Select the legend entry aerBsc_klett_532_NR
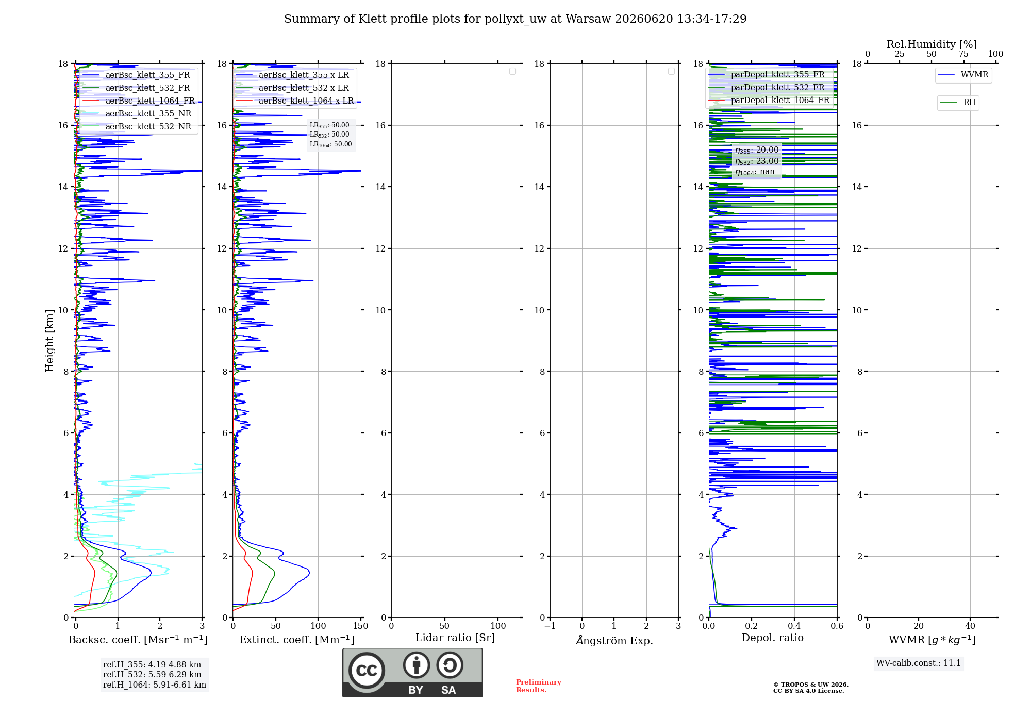coord(137,126)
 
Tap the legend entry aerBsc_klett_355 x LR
coord(292,75)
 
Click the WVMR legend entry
coord(963,75)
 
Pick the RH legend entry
coord(958,103)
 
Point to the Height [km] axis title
coord(49,341)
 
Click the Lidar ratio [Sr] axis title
coord(455,638)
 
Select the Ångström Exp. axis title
coord(614,640)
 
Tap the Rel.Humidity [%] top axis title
coord(932,44)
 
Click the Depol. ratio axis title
coord(773,638)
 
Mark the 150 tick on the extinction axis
coord(361,626)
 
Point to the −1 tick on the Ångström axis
coord(550,626)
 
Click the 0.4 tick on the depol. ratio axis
coord(794,626)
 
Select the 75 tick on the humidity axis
coord(963,54)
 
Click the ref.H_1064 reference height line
coord(155,685)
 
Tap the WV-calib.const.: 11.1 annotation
coord(919,663)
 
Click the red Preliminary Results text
coord(539,686)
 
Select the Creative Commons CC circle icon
coord(367,671)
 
